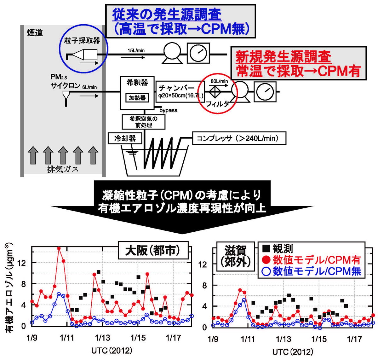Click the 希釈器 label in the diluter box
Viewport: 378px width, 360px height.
click(137, 83)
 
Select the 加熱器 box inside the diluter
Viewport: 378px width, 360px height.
click(137, 98)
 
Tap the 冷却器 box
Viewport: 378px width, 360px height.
click(125, 138)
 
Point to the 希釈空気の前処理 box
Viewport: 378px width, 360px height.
click(144, 122)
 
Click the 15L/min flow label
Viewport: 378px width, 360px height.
click(136, 51)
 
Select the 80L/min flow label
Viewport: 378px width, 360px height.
click(219, 81)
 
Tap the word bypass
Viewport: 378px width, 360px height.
click(168, 110)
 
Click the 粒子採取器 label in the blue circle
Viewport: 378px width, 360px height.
click(82, 40)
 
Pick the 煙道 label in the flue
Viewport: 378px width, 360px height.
click(35, 33)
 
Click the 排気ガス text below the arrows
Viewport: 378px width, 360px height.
click(63, 169)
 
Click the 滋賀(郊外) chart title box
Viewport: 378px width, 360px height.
click(236, 256)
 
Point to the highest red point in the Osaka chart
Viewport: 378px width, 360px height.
click(59, 248)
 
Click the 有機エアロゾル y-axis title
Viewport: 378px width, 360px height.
click(11, 287)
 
